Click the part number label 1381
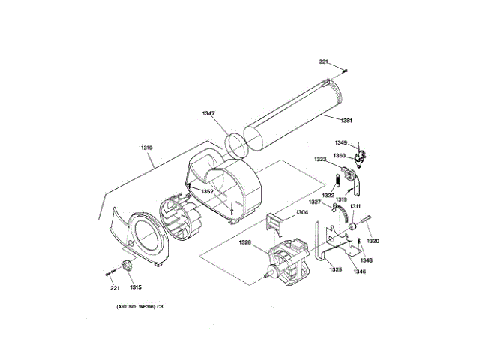coord(346,121)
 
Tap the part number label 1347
coord(208,113)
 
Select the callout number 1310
coord(146,148)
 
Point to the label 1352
coord(208,191)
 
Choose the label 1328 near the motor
coord(245,242)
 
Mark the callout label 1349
coord(341,142)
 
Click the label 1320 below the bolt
coord(373,241)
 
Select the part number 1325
coord(335,269)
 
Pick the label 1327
coord(316,202)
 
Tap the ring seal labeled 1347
coord(238,144)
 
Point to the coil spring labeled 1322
coord(338,181)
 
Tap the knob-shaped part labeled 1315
coord(124,265)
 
